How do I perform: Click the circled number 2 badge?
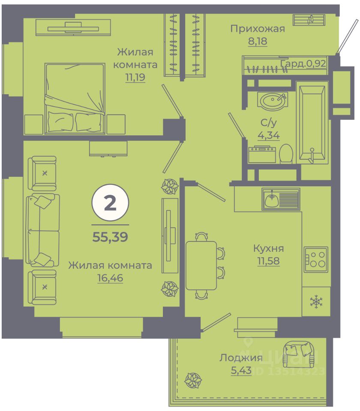tap(110, 203)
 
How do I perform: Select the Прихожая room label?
tap(257, 29)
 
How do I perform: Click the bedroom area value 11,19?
tap(135, 78)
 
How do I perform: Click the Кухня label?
tap(268, 248)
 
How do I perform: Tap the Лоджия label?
tap(240, 358)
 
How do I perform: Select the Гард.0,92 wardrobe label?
tap(303, 64)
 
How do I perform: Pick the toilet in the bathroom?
tap(285, 153)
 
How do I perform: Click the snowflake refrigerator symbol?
tap(316, 302)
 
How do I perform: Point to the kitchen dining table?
tap(201, 265)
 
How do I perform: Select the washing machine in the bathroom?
tap(262, 155)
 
